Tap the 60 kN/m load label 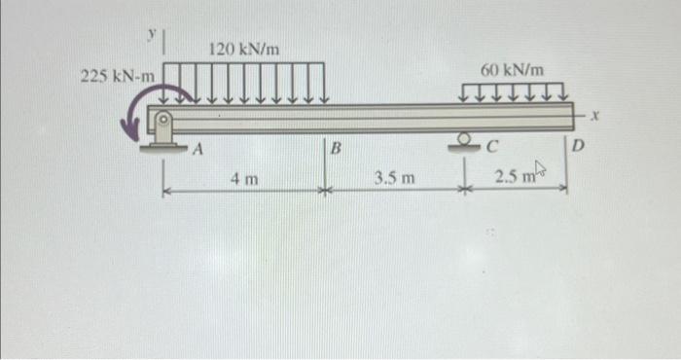pos(513,70)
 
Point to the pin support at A pos(163,130)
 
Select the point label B pos(336,150)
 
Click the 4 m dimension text pos(243,178)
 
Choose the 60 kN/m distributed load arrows pos(513,92)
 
